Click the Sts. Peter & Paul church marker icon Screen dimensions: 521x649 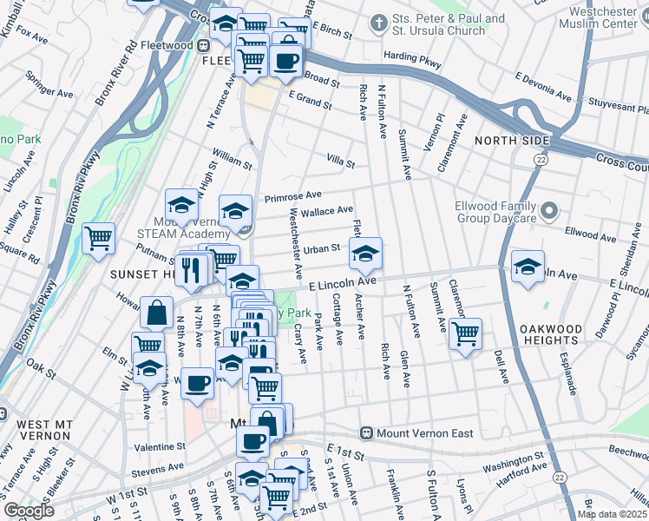click(x=378, y=22)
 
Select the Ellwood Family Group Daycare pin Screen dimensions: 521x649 click(x=548, y=211)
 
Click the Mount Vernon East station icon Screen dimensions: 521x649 click(x=368, y=432)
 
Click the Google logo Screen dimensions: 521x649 click(x=29, y=511)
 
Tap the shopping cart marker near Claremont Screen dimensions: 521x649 click(x=466, y=333)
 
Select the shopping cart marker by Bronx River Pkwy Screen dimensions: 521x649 click(x=98, y=238)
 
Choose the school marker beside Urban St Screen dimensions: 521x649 click(x=365, y=254)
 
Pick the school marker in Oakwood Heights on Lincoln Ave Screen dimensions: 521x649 click(x=527, y=267)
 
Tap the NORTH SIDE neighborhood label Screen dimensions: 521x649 click(x=511, y=141)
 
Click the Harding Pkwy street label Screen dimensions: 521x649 click(x=412, y=60)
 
